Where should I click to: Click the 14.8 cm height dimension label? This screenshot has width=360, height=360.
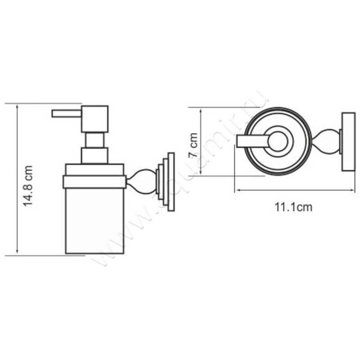(x=28, y=185)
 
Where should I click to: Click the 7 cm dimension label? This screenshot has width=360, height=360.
(x=193, y=145)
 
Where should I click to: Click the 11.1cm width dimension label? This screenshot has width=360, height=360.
(x=294, y=207)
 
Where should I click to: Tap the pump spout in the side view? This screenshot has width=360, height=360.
(x=67, y=114)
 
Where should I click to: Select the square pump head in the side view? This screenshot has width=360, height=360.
(x=94, y=119)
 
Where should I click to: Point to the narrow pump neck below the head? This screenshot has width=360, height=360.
(x=94, y=140)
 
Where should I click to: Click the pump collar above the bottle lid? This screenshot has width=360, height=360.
(x=94, y=156)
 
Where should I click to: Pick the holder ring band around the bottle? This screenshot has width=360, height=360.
(x=94, y=182)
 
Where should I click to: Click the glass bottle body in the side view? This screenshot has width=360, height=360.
(x=94, y=221)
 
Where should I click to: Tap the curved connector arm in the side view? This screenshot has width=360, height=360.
(x=141, y=181)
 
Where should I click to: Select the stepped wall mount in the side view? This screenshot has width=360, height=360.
(x=166, y=182)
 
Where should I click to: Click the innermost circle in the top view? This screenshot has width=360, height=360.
(x=278, y=142)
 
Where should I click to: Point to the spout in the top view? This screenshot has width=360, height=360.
(x=253, y=141)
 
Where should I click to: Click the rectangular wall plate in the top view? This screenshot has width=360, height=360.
(x=348, y=142)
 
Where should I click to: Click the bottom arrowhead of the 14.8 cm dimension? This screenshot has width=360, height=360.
(x=17, y=251)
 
